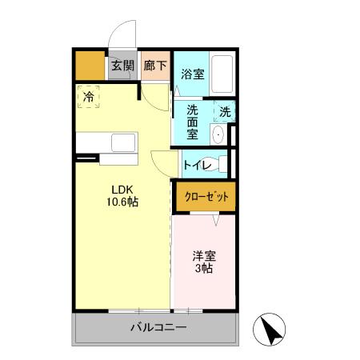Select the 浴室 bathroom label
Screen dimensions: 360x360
(x=191, y=74)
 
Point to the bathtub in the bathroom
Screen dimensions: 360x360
(x=222, y=74)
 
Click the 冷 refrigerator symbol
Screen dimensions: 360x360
(x=89, y=97)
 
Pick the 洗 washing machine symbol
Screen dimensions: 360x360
(x=226, y=113)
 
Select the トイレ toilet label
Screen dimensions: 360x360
(x=197, y=166)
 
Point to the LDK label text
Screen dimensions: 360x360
(x=122, y=190)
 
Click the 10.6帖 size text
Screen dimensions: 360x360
(x=122, y=202)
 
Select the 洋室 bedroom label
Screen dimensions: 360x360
(x=202, y=256)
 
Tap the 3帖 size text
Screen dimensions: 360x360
(x=202, y=270)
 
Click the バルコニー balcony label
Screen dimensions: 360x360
(x=158, y=328)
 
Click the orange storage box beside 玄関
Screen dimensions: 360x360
(x=90, y=66)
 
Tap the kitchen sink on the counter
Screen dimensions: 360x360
(x=124, y=143)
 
